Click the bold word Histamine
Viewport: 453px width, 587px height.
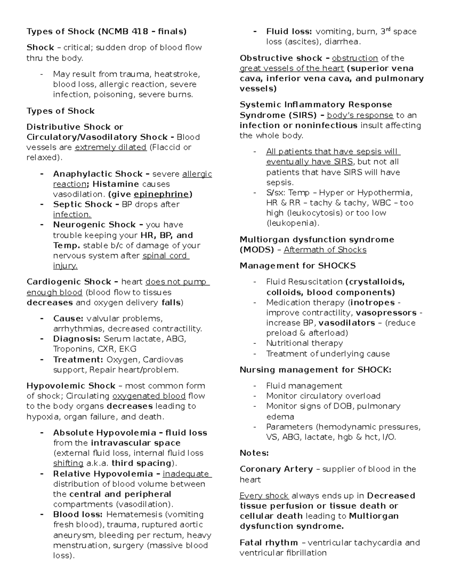click(116, 184)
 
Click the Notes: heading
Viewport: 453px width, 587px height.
click(254, 453)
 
